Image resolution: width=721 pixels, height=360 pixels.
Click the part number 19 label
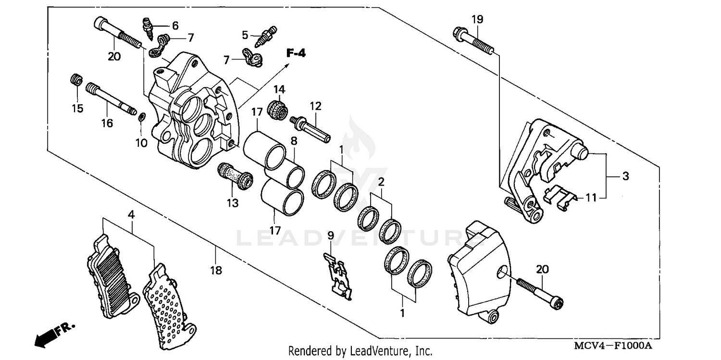click(477, 20)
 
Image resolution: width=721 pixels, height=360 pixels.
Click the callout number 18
click(216, 271)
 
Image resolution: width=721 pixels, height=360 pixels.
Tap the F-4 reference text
click(296, 53)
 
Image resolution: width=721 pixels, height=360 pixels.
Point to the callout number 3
click(625, 176)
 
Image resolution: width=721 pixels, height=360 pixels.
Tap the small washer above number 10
click(142, 117)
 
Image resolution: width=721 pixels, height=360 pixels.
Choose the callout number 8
click(294, 141)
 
